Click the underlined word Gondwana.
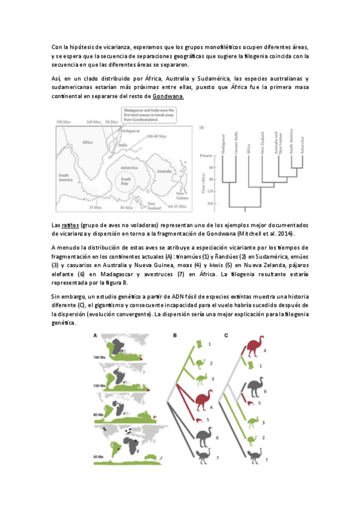click(x=168, y=96)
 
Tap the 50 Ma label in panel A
click(x=100, y=458)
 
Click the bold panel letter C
click(x=226, y=335)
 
